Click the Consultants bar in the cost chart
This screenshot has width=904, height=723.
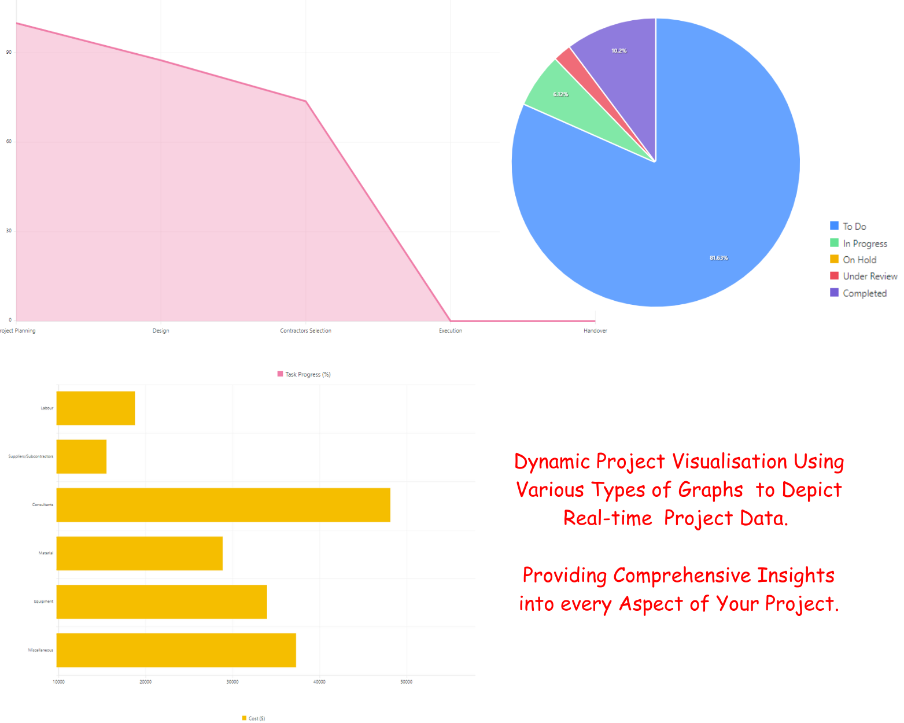(223, 505)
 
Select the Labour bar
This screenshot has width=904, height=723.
(95, 408)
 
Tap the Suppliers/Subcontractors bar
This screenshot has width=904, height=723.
(81, 456)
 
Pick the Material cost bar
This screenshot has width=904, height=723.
(139, 554)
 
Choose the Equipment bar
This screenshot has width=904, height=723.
(161, 602)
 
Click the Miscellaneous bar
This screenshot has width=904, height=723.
(176, 650)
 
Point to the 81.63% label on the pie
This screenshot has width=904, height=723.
(718, 258)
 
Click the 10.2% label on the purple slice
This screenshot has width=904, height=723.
(619, 51)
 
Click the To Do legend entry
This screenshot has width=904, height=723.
(854, 226)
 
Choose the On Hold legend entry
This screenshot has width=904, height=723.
(859, 260)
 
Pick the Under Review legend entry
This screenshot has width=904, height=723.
(869, 276)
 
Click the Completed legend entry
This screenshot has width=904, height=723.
(864, 293)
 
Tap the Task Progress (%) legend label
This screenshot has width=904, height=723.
(307, 374)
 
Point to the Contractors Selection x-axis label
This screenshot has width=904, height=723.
(305, 331)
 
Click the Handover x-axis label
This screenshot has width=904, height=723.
(595, 331)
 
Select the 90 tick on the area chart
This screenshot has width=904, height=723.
(9, 53)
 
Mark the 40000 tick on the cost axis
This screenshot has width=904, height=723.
(319, 682)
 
